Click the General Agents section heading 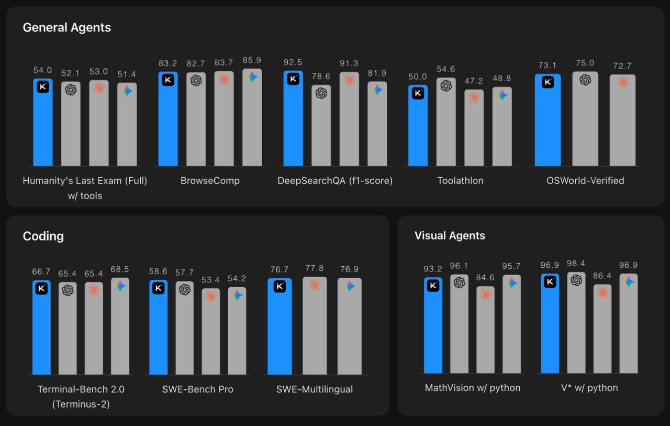(x=66, y=28)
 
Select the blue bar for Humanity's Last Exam (x=43, y=122)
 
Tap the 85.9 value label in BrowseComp (x=252, y=60)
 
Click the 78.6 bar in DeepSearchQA (x=321, y=125)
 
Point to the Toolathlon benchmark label (x=460, y=181)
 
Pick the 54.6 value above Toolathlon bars (x=445, y=69)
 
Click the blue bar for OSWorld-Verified (x=548, y=120)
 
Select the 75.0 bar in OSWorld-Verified (x=585, y=118)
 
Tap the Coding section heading (x=43, y=236)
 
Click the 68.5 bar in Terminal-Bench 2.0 (x=120, y=326)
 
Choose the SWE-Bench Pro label (x=197, y=389)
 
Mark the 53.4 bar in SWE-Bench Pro (x=210, y=331)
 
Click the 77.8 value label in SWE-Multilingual (x=315, y=268)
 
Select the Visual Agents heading (x=450, y=236)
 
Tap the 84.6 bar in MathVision (x=485, y=330)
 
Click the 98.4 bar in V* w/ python (x=576, y=322)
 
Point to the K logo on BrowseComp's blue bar (x=168, y=80)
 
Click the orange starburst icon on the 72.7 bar (x=623, y=82)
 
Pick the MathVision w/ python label (x=473, y=388)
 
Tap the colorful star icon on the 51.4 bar (x=127, y=91)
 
